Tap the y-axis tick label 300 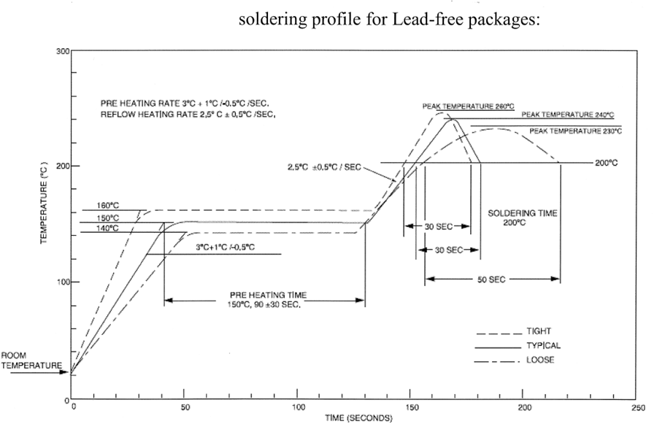(62, 51)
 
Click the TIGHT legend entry (539, 331)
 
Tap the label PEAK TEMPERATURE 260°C (463, 106)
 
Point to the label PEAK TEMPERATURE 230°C (575, 131)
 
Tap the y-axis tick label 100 (62, 282)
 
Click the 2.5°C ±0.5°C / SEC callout (324, 167)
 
